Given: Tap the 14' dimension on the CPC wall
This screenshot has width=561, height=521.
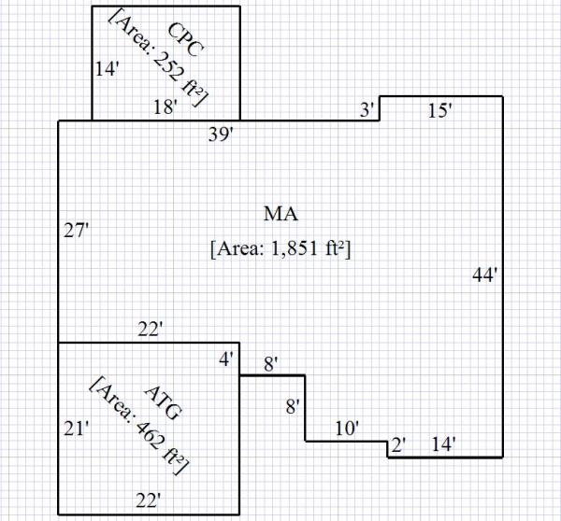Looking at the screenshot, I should pyautogui.click(x=106, y=68).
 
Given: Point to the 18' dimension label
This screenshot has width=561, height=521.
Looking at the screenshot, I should pyautogui.click(x=165, y=107).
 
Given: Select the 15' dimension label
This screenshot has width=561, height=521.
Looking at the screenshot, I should pyautogui.click(x=439, y=111).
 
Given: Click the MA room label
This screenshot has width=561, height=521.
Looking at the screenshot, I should pyautogui.click(x=280, y=214).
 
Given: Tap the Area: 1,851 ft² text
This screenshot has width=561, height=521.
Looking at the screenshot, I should pyautogui.click(x=280, y=249).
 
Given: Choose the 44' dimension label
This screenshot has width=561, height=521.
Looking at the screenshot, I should pyautogui.click(x=484, y=275).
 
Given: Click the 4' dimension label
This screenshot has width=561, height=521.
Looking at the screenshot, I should pyautogui.click(x=227, y=358).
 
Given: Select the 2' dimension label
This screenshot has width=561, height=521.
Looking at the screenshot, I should pyautogui.click(x=397, y=444).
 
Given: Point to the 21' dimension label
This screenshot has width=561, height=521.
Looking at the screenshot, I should pyautogui.click(x=75, y=429).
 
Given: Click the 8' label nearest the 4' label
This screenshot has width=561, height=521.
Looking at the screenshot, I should pyautogui.click(x=272, y=366).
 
